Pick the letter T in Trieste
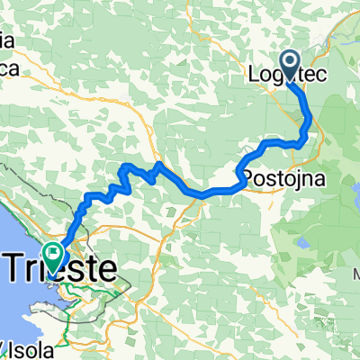pyautogui.click(x=20, y=268)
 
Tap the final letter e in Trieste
pyautogui.click(x=109, y=268)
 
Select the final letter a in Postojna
pyautogui.click(x=319, y=172)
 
